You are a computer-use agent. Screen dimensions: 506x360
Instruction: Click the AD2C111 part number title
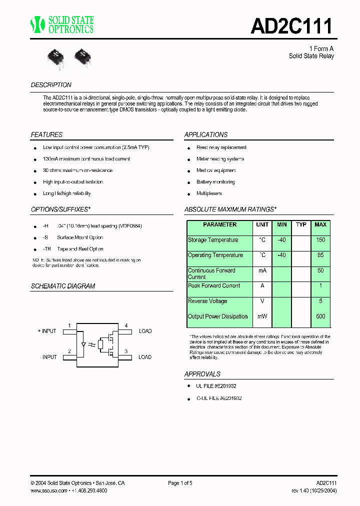tap(291, 25)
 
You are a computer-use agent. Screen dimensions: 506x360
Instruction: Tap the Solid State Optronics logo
tap(62, 24)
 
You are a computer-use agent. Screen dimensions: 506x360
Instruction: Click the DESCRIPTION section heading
tap(51, 85)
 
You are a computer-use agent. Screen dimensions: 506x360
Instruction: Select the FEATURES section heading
tap(46, 135)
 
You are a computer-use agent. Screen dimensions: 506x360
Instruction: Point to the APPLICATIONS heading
tap(205, 135)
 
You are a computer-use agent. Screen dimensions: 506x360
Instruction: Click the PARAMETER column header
tap(219, 225)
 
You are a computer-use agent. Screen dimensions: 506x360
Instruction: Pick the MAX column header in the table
tap(320, 225)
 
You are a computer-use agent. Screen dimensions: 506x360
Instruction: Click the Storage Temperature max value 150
tap(320, 240)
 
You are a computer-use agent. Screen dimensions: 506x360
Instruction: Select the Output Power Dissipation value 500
tap(320, 316)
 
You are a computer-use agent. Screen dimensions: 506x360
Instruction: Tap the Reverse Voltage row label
tap(207, 301)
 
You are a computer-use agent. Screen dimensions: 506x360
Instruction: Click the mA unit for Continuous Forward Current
tap(262, 270)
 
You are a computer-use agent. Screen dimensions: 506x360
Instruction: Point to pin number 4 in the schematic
tap(126, 325)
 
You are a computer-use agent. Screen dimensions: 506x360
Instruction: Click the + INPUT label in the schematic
tap(47, 331)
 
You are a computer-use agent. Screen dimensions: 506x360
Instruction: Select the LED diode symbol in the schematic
tap(83, 344)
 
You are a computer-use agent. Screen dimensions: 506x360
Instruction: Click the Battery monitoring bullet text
tap(215, 182)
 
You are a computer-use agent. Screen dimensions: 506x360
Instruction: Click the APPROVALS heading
tap(202, 374)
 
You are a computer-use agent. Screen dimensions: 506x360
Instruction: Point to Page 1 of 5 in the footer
tap(180, 483)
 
